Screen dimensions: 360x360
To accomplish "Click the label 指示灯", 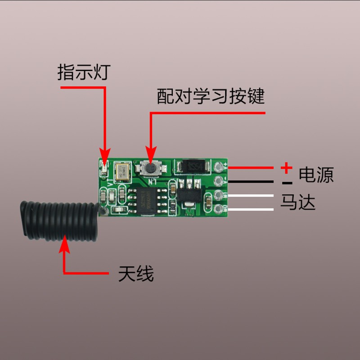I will tap(83, 72).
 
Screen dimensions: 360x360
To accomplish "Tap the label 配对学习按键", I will tap(211, 97).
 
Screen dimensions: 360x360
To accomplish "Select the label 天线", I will tap(136, 273).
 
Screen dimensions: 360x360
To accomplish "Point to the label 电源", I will tap(316, 175).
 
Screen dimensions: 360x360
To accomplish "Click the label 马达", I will tap(298, 202).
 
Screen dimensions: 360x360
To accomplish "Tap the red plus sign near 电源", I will tap(286, 169).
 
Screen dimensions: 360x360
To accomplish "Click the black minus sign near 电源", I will tap(287, 183).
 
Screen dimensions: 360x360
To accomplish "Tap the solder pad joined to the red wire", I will tap(219, 167).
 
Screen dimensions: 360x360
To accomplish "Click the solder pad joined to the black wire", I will tap(219, 181).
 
